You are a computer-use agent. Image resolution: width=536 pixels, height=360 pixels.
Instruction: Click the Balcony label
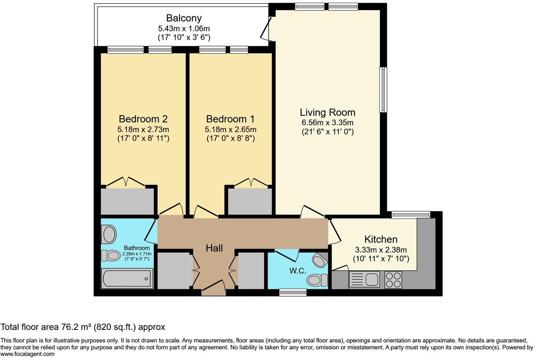point(184,19)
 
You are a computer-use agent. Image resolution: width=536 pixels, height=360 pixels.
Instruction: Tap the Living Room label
point(327,112)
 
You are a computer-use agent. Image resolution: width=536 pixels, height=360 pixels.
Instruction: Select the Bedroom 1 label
point(230,119)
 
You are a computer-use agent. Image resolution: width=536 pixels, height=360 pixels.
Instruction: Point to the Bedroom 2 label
point(143,119)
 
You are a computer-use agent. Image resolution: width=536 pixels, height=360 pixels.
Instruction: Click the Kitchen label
point(381,239)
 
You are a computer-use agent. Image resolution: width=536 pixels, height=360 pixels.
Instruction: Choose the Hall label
point(214,248)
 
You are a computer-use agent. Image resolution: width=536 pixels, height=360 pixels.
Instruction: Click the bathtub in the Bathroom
point(127,279)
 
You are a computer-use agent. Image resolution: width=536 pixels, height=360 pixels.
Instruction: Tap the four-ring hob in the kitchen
point(393,280)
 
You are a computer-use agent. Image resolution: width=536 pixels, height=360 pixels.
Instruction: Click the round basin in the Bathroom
point(109,234)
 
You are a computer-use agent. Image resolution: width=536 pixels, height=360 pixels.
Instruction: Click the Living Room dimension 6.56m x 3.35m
point(327,123)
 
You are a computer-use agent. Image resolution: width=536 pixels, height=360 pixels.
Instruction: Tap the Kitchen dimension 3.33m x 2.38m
point(381,250)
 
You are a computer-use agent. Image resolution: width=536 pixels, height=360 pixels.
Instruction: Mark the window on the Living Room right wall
point(383,90)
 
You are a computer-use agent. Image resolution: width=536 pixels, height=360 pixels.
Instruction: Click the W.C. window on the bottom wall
point(293,293)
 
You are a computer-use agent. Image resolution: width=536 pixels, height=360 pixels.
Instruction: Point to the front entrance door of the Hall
point(214,288)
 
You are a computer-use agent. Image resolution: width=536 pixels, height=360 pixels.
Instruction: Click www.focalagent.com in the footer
point(27,354)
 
